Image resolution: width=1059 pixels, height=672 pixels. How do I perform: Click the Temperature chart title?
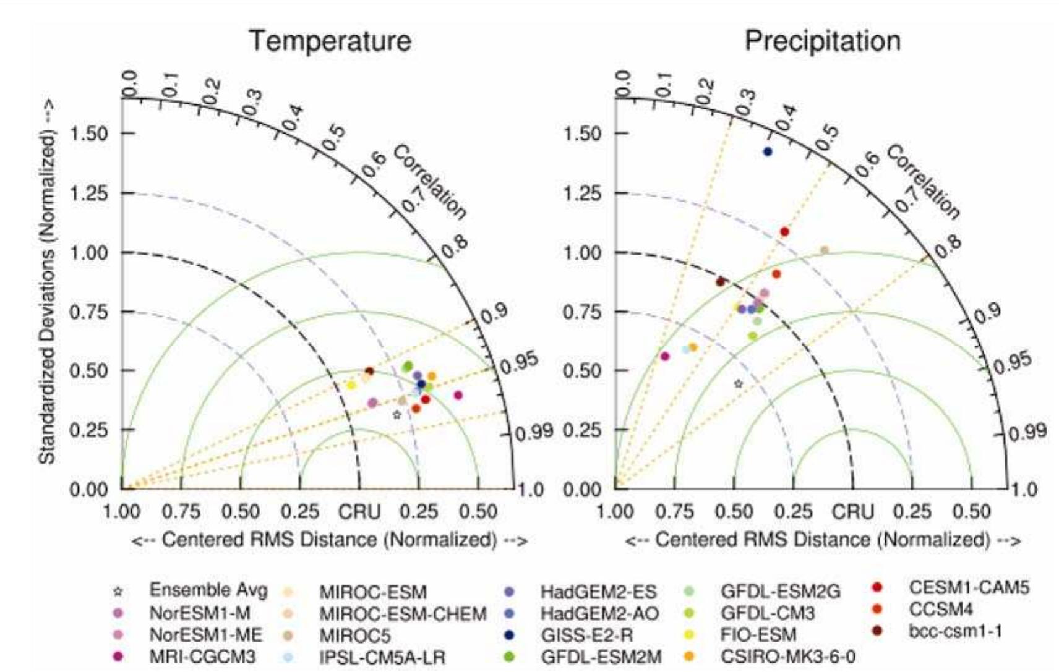coord(330,41)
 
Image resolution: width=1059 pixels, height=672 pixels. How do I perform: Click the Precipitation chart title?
coord(822,41)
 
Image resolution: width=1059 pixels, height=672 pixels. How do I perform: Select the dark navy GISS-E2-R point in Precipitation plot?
coord(768,151)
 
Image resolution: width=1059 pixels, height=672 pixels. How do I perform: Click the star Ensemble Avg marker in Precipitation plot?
coord(738,384)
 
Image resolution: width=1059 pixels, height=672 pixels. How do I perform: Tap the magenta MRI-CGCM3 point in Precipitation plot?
coord(665,356)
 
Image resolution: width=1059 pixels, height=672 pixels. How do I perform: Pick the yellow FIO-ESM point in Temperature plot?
coord(351,385)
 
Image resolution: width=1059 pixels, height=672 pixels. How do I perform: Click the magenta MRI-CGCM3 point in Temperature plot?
coord(458,395)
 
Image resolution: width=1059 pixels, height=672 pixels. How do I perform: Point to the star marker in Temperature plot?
coord(397,415)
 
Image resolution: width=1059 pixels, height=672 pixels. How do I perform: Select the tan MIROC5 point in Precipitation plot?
coord(824,250)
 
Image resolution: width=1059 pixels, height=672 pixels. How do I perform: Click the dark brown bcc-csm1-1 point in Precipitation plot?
coord(720,282)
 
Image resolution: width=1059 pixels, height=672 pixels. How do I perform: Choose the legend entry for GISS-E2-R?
coord(586,635)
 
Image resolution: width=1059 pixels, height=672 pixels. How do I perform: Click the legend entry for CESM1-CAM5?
coord(968,587)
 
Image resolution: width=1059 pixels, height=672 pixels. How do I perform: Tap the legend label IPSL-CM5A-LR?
coord(382,657)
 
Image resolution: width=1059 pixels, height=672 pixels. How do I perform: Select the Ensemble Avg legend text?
coord(208,590)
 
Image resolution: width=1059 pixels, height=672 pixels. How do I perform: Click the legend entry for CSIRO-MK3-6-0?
coord(787,657)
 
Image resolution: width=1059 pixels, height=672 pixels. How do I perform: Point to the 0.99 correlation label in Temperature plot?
coord(534,432)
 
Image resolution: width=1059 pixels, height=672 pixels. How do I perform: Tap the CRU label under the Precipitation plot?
coord(852,512)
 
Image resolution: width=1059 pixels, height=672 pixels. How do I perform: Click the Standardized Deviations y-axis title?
coord(47,281)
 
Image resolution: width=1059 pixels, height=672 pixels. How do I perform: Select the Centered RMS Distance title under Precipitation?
coord(822,540)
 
